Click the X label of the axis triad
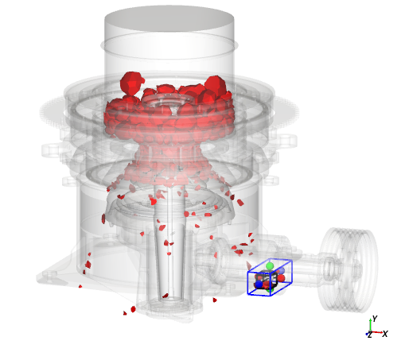(x=385, y=334)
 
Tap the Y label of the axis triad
(x=375, y=319)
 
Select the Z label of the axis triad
(x=370, y=335)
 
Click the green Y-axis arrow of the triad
(x=371, y=325)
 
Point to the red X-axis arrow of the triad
(x=377, y=332)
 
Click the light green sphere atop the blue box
(x=270, y=265)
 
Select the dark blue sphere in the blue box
(x=259, y=285)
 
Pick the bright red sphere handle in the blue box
(x=281, y=278)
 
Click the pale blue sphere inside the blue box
(x=281, y=271)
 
